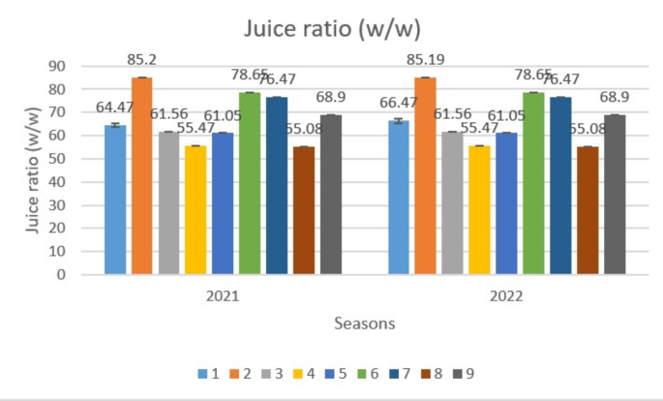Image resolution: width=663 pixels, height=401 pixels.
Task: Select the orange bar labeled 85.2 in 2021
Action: click(142, 175)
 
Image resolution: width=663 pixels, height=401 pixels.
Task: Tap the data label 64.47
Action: click(116, 107)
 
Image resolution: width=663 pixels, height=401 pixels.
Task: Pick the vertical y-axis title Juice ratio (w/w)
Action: click(31, 170)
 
